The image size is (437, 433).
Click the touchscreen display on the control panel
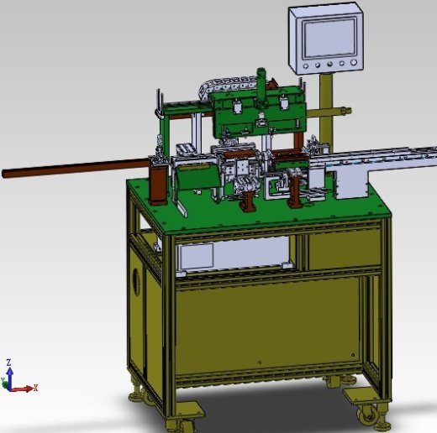click(329, 38)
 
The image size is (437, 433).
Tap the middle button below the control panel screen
click(329, 65)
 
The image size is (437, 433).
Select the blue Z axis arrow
click(10, 375)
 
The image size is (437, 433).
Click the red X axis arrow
click(22, 389)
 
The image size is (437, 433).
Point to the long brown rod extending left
click(76, 168)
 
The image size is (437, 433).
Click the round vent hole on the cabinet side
click(136, 281)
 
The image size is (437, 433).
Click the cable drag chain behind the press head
click(229, 86)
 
